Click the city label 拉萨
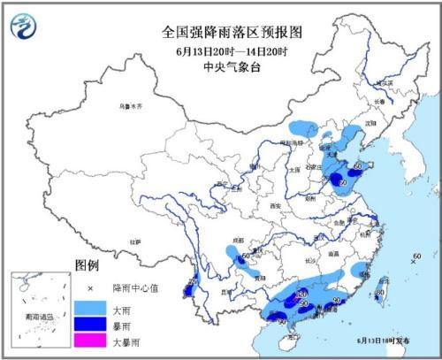(x=134, y=241)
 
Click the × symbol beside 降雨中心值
(x=88, y=286)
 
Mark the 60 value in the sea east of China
(x=415, y=257)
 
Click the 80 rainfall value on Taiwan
(x=379, y=292)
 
